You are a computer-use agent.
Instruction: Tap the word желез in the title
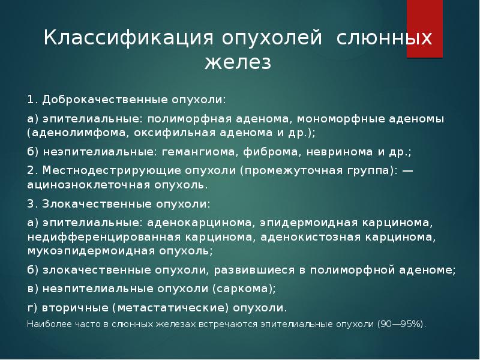(238, 62)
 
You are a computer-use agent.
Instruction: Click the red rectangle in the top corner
(425, 29)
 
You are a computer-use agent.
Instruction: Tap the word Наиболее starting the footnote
(46, 324)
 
